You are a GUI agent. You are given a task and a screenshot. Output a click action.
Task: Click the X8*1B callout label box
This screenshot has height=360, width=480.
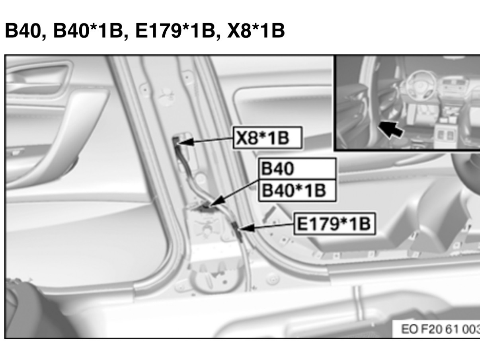coord(268,138)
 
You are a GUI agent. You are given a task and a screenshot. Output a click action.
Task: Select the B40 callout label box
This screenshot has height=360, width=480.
coord(297,169)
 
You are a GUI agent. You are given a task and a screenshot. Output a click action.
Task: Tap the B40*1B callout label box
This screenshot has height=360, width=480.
coord(297,190)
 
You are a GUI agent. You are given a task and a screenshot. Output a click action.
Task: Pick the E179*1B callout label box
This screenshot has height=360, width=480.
coord(335,224)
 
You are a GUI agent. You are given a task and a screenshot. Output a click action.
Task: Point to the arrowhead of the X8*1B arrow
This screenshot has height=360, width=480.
coord(185,142)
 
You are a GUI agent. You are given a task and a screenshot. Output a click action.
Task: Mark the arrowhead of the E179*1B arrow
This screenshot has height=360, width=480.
coord(246,228)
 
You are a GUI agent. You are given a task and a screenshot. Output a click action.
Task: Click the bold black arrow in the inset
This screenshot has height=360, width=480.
coord(391,129)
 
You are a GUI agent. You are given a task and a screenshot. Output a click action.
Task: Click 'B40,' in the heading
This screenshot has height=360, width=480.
coord(25,31)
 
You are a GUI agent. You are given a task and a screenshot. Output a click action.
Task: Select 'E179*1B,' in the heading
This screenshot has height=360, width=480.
coord(178,31)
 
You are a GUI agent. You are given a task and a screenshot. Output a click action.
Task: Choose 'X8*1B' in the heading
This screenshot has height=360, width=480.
coord(256,30)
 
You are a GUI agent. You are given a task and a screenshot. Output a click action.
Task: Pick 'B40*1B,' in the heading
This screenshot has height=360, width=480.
coord(91,31)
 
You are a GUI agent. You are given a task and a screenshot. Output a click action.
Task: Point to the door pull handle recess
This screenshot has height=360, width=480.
coord(37,79)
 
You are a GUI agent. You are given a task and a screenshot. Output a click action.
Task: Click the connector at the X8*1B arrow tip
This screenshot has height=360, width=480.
coord(176,142)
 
